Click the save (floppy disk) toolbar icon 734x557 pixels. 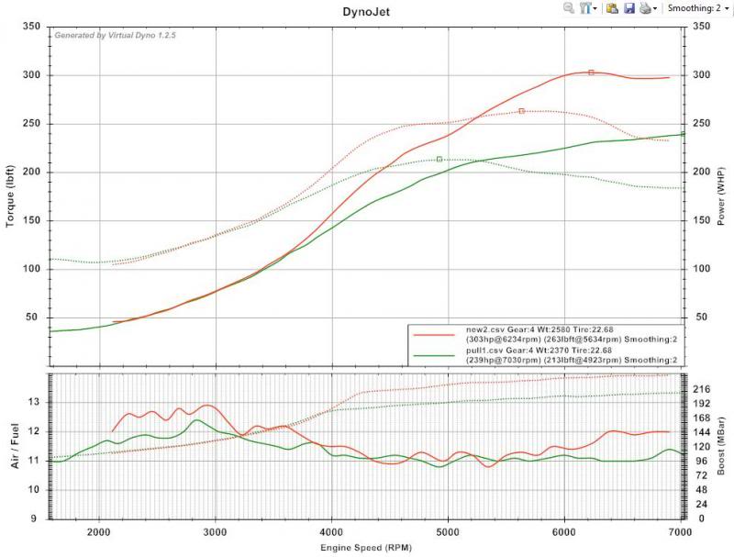tap(629, 8)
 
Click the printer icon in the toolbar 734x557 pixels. tap(646, 8)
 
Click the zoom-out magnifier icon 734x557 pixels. tap(569, 8)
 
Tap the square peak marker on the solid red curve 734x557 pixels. tap(591, 72)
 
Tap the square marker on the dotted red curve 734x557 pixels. tap(521, 111)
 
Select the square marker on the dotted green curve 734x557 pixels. tap(439, 160)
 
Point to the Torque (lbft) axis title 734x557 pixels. tap(12, 184)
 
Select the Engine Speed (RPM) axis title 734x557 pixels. tap(366, 548)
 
